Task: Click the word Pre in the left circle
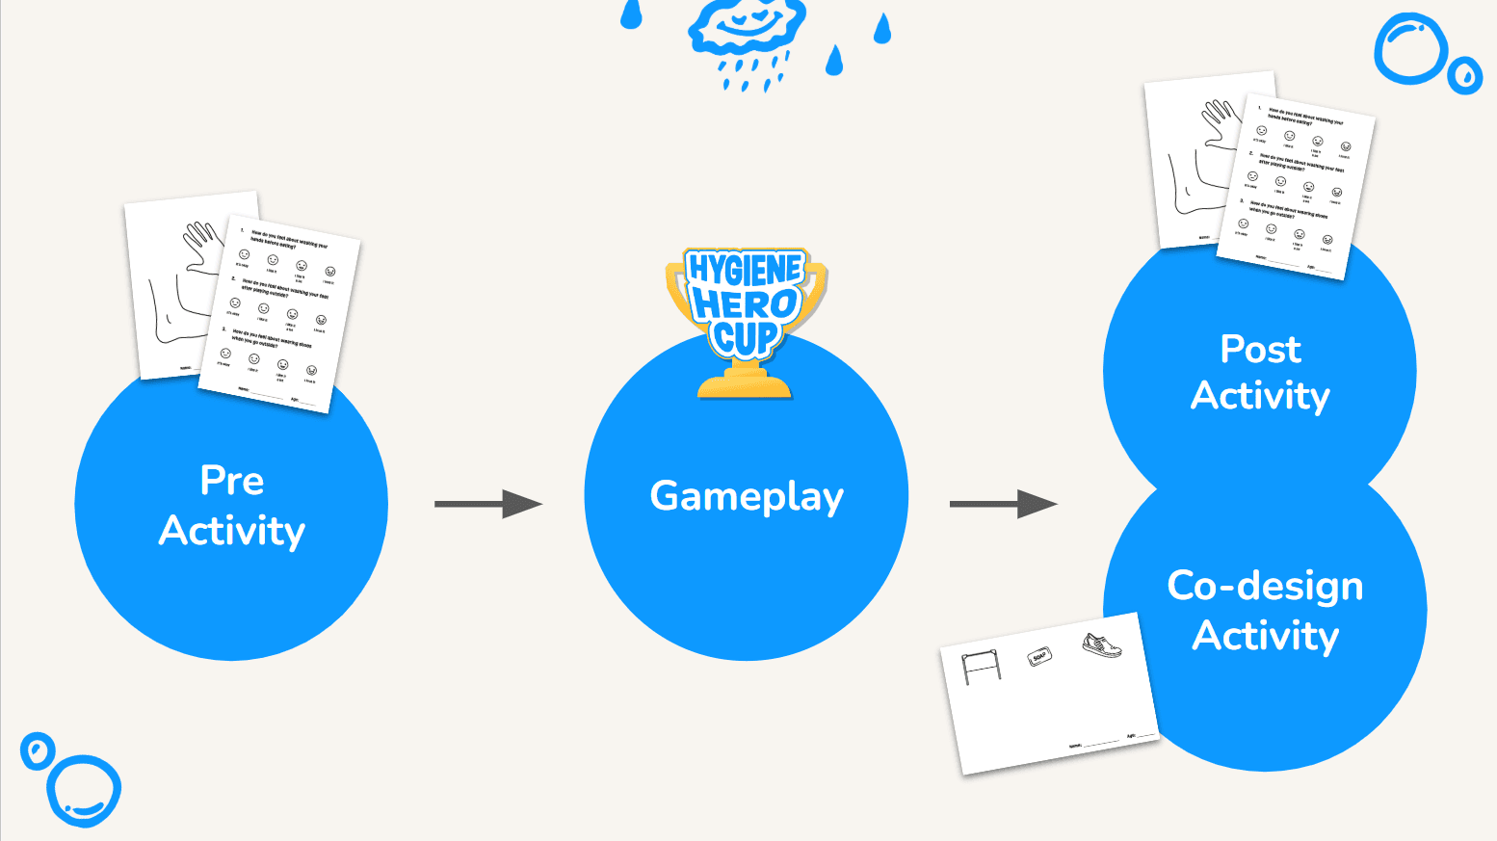(x=232, y=481)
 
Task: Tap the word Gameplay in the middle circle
(x=747, y=497)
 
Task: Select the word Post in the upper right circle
(x=1260, y=350)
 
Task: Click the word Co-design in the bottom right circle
(x=1265, y=586)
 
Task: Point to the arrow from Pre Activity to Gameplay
(x=488, y=504)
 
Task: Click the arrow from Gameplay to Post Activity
(x=1003, y=504)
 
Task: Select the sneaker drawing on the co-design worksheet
(x=1102, y=644)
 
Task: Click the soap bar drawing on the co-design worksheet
(x=1039, y=658)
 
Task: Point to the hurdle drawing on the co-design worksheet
(x=982, y=666)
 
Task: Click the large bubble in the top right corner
(x=1410, y=47)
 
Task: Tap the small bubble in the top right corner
(x=1465, y=74)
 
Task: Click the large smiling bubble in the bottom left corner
(x=85, y=791)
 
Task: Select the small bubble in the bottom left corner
(x=38, y=750)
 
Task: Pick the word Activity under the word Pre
(x=232, y=531)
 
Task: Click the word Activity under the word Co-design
(x=1265, y=636)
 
